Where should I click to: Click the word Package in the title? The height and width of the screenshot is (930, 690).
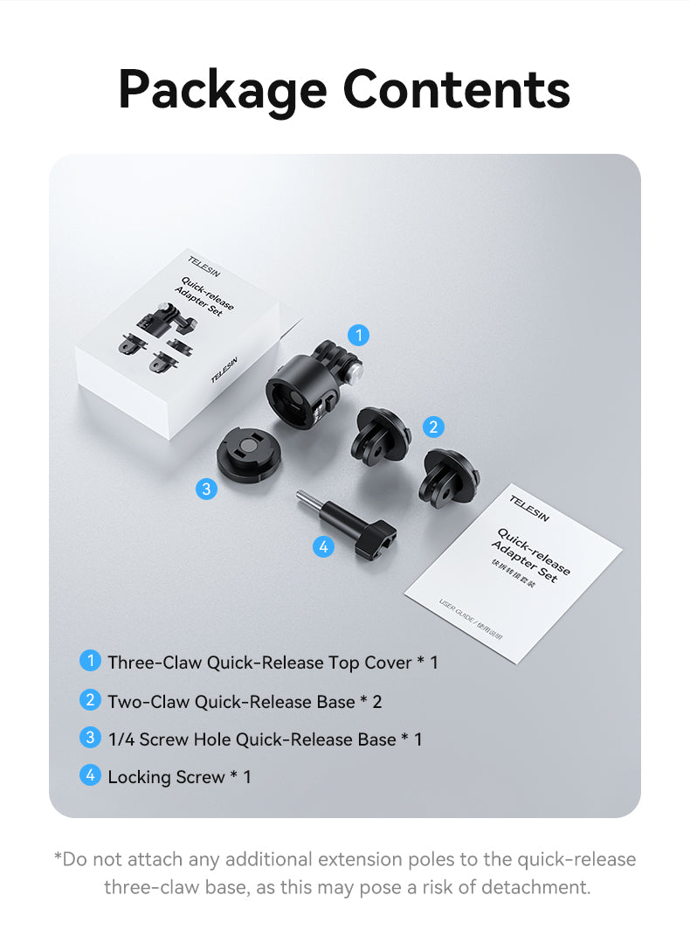(x=223, y=88)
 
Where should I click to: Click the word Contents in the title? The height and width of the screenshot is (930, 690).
(x=456, y=88)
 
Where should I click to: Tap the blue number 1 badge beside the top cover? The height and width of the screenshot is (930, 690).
(x=358, y=335)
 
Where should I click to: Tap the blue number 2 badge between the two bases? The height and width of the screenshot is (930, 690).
(x=432, y=427)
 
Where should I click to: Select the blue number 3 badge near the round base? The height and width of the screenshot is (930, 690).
(x=206, y=489)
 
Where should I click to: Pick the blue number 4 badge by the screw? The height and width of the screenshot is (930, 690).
(x=323, y=547)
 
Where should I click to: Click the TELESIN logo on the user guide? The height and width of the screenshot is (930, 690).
(x=530, y=508)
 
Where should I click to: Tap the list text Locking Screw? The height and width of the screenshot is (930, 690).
(x=166, y=777)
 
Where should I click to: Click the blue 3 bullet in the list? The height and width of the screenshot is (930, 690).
(x=90, y=738)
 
